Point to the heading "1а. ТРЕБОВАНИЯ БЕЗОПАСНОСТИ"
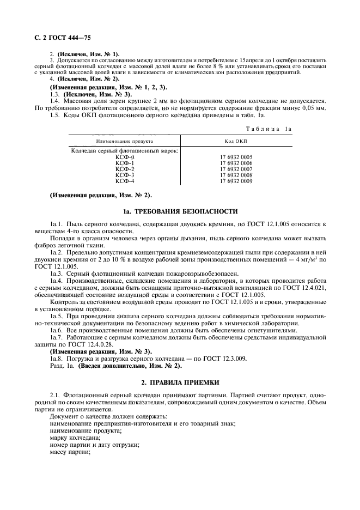180,211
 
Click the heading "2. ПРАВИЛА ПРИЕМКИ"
180,384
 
